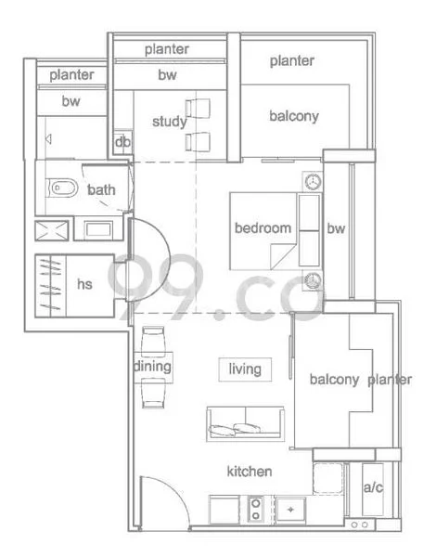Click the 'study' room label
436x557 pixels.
(169, 122)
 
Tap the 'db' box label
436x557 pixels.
(122, 143)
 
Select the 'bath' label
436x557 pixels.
(102, 190)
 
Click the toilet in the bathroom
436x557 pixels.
(58, 190)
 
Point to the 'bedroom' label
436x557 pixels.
(263, 228)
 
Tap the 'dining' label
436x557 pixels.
(152, 367)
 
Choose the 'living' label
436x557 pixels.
(245, 369)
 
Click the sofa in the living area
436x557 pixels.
(245, 424)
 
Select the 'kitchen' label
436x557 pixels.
(250, 473)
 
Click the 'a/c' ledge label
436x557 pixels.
(373, 486)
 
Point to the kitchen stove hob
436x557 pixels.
(255, 509)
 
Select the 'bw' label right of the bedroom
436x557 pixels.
(336, 228)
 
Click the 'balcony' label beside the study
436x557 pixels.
(294, 116)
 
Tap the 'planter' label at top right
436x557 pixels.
(292, 61)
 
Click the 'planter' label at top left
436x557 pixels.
(71, 74)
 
